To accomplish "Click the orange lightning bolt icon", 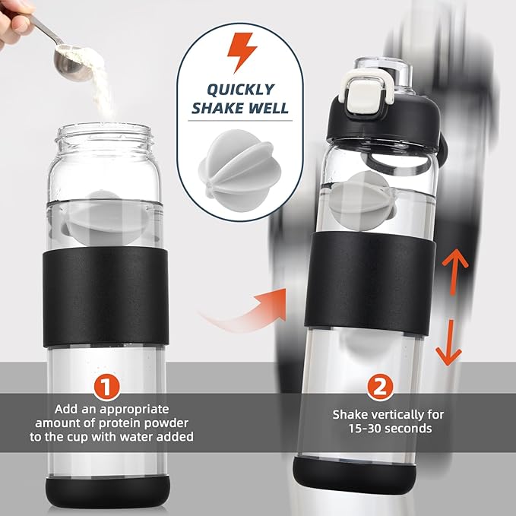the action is [x=242, y=52].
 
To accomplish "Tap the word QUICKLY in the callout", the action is [x=241, y=90].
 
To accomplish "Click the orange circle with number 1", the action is [x=106, y=388].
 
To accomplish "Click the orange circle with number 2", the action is [x=380, y=388].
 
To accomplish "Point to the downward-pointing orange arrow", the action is [x=448, y=343].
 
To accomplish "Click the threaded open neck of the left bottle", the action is [x=105, y=138].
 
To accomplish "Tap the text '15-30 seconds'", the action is [x=391, y=429].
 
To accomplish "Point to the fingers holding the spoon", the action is [x=14, y=21].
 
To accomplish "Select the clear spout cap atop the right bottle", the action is [x=384, y=74].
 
